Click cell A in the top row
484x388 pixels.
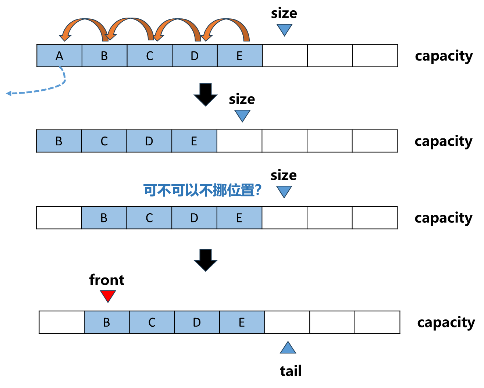pyautogui.click(x=59, y=56)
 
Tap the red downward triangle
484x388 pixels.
pyautogui.click(x=108, y=295)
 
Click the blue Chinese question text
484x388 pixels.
pyautogui.click(x=202, y=191)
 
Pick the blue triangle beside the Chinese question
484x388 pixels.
pyautogui.click(x=284, y=191)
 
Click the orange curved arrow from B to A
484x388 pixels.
pyautogui.click(x=83, y=25)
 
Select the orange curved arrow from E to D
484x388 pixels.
pyautogui.click(x=226, y=25)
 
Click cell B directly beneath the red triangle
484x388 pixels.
pyautogui.click(x=107, y=322)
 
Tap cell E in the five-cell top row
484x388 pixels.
pyautogui.click(x=239, y=56)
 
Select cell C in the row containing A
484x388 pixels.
pyautogui.click(x=149, y=56)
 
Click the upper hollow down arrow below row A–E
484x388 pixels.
pyautogui.click(x=206, y=94)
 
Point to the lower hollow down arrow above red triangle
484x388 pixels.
pyautogui.click(x=206, y=260)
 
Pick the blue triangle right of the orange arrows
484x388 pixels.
pyautogui.click(x=284, y=29)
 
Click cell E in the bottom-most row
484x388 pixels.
pyautogui.click(x=242, y=322)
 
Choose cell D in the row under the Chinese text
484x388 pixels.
pyautogui.click(x=194, y=218)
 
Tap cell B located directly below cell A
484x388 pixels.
pyautogui.click(x=59, y=141)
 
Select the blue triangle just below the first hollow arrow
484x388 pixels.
pyautogui.click(x=242, y=115)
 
